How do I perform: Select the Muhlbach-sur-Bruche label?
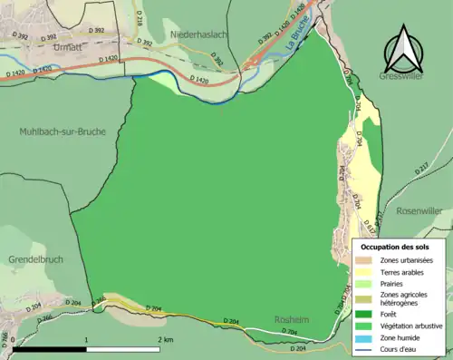tap(62, 131)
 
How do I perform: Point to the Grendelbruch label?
tap(33, 259)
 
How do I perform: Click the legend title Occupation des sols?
tap(395, 246)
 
